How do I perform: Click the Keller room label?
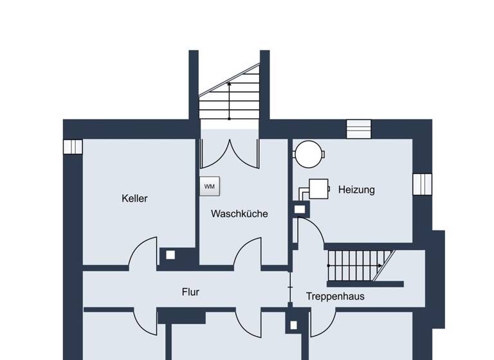[x=134, y=198]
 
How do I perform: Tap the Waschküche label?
[x=239, y=213]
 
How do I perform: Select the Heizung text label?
[x=356, y=190]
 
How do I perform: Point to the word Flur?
[x=190, y=292]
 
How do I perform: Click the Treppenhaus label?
[x=335, y=296]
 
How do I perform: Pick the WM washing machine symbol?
[x=210, y=186]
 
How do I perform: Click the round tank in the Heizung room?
[x=309, y=154]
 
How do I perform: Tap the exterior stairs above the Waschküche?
[x=229, y=96]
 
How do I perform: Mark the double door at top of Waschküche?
[x=229, y=154]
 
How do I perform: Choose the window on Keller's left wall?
[x=73, y=147]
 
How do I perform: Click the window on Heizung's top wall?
[x=359, y=129]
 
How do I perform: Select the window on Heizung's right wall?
[x=423, y=183]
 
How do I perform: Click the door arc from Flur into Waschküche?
[x=248, y=253]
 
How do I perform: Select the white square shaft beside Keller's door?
[x=170, y=255]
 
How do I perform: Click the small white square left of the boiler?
[x=299, y=209]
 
